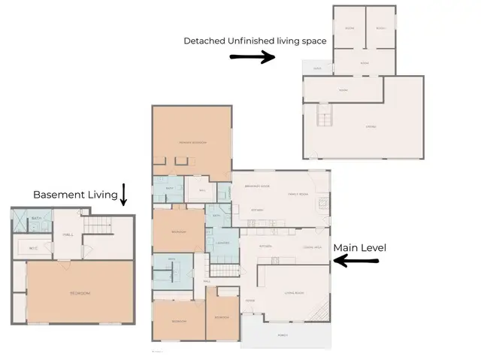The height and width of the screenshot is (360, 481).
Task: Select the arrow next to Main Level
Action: point(356,261)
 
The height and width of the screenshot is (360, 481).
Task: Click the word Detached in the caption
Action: point(204,41)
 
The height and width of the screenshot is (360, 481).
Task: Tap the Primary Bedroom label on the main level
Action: point(192,142)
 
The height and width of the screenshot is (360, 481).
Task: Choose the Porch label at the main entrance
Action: point(283,335)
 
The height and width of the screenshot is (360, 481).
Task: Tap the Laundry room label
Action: point(222,243)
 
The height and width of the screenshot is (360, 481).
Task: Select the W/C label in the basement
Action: point(34,248)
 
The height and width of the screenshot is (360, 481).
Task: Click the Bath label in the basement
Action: point(36,219)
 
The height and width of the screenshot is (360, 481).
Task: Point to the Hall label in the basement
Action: point(68,234)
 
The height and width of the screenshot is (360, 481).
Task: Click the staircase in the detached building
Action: point(325,117)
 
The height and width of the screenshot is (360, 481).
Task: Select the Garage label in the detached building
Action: point(371,126)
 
